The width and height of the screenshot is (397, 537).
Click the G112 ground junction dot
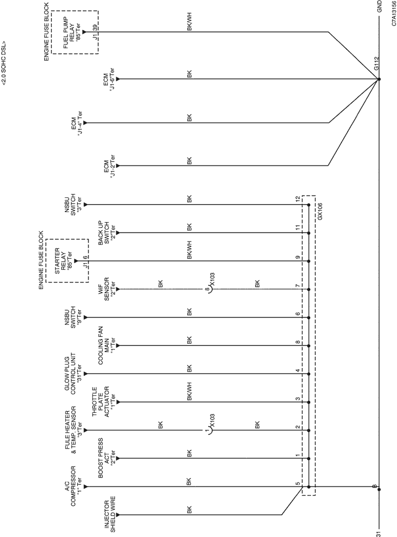click(x=378, y=79)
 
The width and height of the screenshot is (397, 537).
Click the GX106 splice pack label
click(x=320, y=213)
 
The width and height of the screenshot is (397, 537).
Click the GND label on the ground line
click(x=379, y=6)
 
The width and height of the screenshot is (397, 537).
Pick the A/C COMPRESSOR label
click(x=73, y=486)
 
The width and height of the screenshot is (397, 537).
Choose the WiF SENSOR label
click(x=109, y=289)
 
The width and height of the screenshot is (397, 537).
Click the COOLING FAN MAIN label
click(x=107, y=345)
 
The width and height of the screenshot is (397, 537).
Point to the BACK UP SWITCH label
click(x=107, y=233)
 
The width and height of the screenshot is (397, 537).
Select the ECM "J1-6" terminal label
click(x=109, y=79)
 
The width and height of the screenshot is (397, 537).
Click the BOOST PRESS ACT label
click(x=107, y=458)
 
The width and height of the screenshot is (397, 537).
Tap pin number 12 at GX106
click(x=298, y=198)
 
